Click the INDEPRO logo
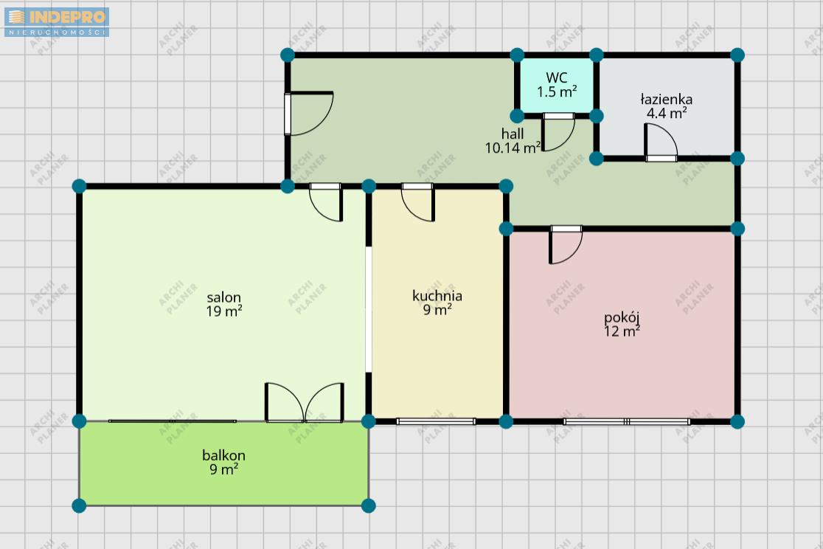(x=57, y=22)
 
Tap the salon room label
(x=224, y=298)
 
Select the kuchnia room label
(x=437, y=296)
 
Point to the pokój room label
(x=622, y=318)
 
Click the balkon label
(x=224, y=455)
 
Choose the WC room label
(x=557, y=77)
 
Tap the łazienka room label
(x=667, y=100)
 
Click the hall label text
(x=513, y=134)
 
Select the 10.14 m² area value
(x=513, y=148)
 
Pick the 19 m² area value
(x=224, y=311)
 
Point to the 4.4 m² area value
(x=667, y=113)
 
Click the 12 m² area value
(x=622, y=331)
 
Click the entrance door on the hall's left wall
(x=309, y=114)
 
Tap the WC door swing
(x=558, y=132)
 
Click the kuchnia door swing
(x=418, y=202)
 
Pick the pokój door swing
(x=566, y=245)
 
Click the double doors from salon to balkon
(x=305, y=402)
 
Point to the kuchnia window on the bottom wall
(x=436, y=421)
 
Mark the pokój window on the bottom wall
(x=627, y=421)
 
